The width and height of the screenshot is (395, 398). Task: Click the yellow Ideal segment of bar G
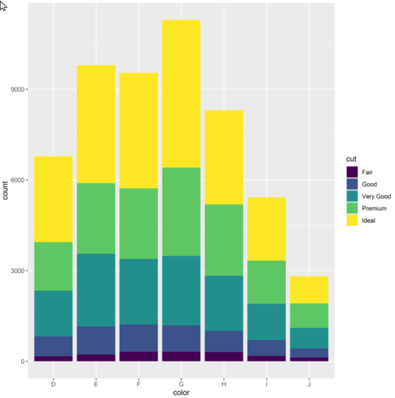point(181,93)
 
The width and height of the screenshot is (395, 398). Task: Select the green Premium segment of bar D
point(53,266)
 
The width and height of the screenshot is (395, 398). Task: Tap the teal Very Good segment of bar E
point(96,290)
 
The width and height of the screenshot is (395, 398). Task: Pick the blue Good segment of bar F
point(138,338)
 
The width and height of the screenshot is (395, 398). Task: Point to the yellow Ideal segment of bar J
point(309,290)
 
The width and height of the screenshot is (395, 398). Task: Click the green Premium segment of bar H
point(224,240)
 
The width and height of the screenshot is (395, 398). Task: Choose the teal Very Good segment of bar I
point(267,322)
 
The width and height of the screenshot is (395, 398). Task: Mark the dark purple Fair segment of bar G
point(181,356)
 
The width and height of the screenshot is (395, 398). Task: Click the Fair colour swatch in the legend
point(352,172)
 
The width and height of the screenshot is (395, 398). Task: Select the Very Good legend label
point(376,196)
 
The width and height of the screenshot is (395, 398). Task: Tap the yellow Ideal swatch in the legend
point(352,220)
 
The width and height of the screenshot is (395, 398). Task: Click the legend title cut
point(351,159)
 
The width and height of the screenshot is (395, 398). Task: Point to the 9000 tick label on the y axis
point(17,90)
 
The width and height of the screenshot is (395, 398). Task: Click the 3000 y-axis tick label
point(17,271)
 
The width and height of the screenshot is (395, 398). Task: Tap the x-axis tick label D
point(53,384)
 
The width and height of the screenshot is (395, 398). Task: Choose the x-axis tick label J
point(309,384)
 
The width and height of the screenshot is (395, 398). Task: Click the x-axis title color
point(181,393)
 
